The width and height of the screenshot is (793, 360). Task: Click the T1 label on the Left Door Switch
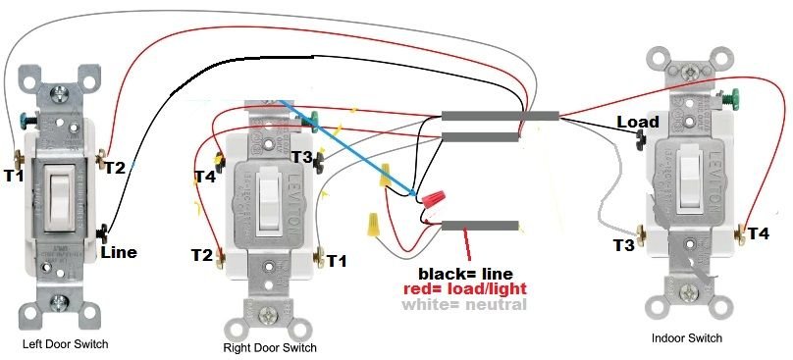point(13,176)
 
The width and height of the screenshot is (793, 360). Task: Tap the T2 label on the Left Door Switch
point(115,167)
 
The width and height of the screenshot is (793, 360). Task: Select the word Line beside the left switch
point(118,252)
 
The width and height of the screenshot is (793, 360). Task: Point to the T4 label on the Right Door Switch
point(204,178)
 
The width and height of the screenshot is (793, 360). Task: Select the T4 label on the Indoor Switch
point(759,233)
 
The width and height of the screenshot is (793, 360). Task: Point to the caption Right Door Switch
point(270,348)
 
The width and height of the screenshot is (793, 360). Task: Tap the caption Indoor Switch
point(687,337)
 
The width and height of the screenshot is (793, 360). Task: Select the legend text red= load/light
point(465,289)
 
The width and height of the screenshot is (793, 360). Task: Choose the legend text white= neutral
point(463,305)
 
